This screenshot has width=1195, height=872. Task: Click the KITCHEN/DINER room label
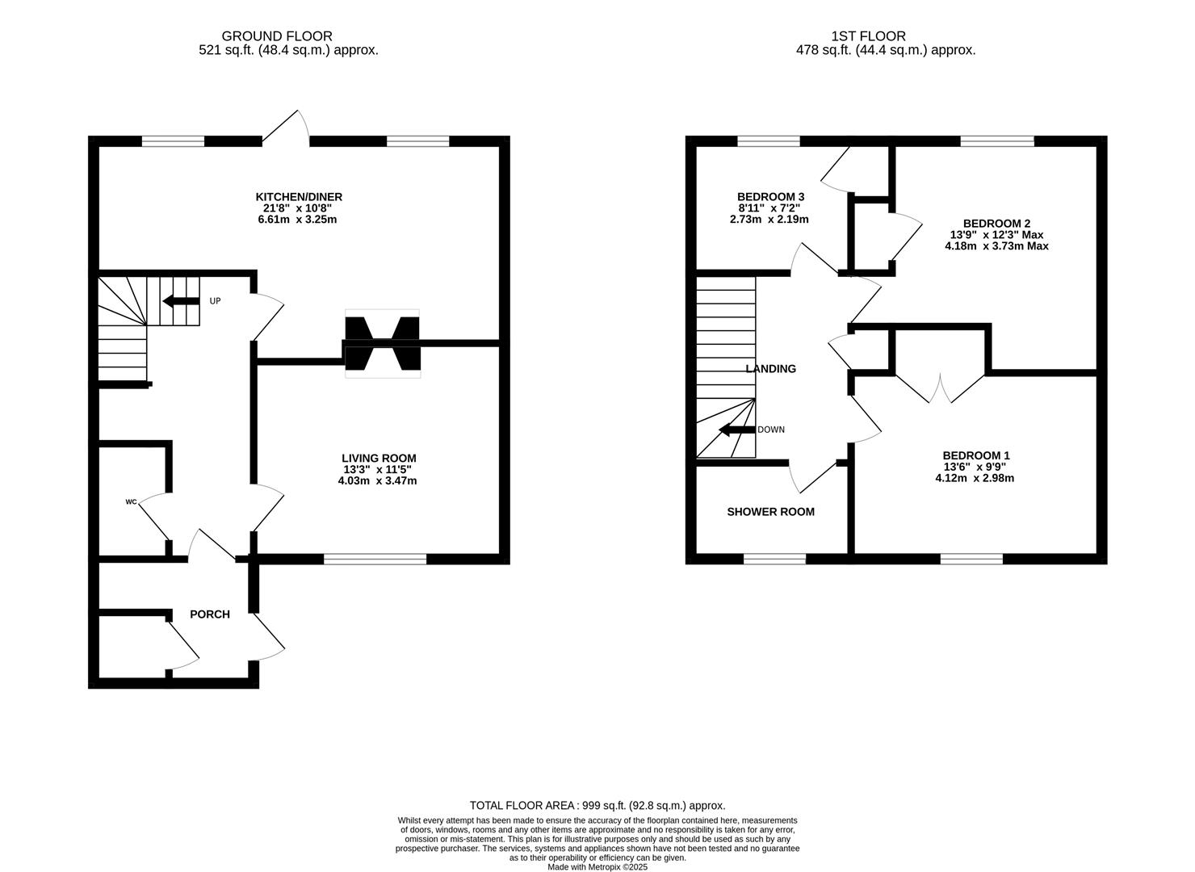click(299, 197)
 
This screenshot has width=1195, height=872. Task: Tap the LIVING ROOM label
click(379, 458)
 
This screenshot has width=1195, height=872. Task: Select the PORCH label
click(210, 614)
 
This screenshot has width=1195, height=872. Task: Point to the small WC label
click(132, 502)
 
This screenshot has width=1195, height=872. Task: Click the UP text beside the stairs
click(215, 301)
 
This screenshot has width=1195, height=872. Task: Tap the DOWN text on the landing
click(771, 430)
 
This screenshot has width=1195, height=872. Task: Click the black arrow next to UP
click(181, 301)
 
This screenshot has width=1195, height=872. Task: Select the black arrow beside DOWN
click(737, 430)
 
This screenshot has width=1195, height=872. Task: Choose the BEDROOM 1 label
click(976, 455)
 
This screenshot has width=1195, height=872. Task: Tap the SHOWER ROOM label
click(771, 512)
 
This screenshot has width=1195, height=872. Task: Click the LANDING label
click(771, 368)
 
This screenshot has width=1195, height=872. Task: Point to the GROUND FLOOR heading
click(277, 36)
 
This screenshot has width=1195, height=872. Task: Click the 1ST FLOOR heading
click(869, 36)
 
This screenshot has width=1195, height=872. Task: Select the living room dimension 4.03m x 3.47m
click(378, 481)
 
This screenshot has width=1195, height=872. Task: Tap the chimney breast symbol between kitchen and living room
click(383, 344)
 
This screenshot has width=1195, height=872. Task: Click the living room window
click(375, 559)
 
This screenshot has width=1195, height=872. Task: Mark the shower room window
click(774, 559)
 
